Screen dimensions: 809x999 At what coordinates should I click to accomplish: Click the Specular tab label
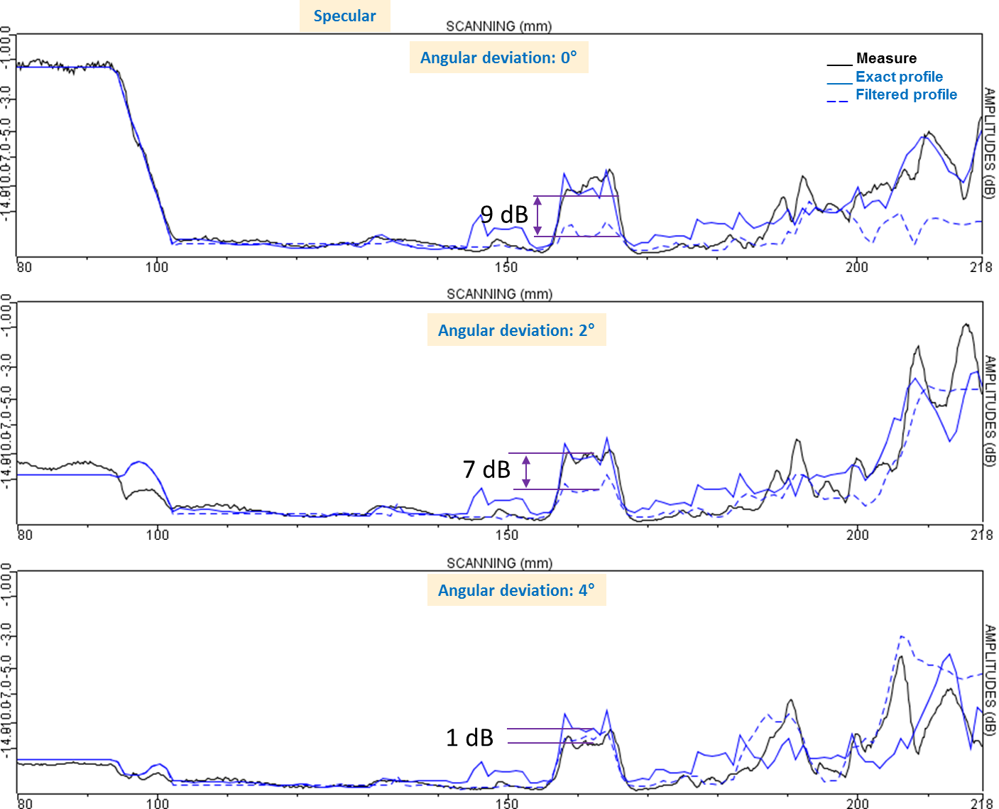[344, 16]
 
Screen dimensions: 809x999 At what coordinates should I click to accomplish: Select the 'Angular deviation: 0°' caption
[498, 58]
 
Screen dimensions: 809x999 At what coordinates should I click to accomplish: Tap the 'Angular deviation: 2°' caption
[516, 330]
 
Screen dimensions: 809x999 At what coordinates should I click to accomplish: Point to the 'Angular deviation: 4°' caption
[516, 590]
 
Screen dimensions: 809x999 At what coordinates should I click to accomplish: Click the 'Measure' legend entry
[885, 58]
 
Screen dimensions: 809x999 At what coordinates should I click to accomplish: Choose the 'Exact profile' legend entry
[898, 77]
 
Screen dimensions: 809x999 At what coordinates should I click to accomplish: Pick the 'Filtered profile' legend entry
[905, 94]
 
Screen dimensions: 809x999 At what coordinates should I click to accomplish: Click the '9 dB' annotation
[504, 214]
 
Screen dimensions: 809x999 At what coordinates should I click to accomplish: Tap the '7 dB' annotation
[486, 469]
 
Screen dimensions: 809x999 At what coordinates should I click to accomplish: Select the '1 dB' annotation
[469, 738]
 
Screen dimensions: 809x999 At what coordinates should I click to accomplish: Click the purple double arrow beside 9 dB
[537, 216]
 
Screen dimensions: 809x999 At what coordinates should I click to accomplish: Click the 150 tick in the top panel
[506, 267]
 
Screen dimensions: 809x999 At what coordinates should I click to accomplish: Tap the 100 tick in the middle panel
[157, 534]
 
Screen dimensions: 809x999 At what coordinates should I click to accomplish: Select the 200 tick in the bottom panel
[856, 803]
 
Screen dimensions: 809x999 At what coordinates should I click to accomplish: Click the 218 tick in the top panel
[981, 267]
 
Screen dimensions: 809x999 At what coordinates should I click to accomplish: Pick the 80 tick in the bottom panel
[24, 803]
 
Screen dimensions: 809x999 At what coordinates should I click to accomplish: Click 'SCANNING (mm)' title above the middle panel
[499, 294]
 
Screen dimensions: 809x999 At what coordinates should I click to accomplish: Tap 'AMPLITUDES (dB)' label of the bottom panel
[990, 680]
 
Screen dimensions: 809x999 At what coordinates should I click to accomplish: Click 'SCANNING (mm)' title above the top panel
[498, 26]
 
